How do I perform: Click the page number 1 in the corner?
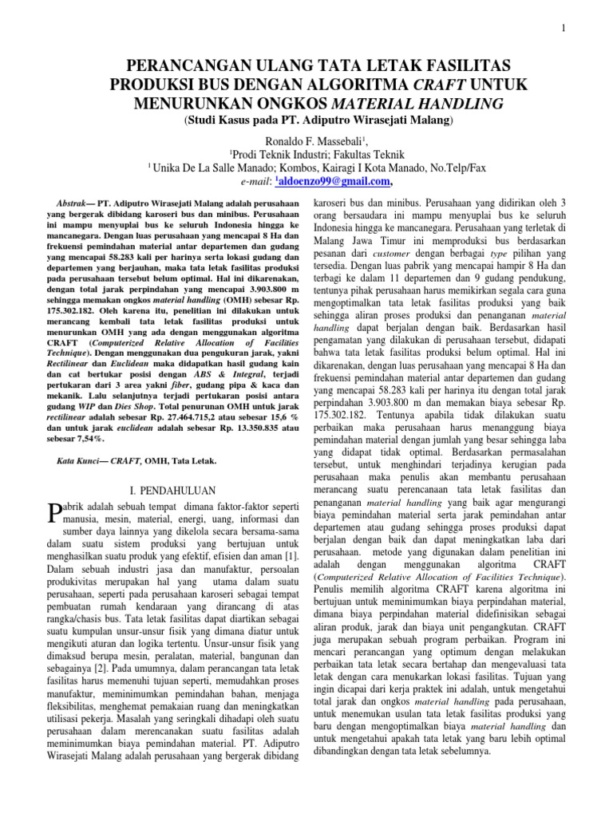pos(564,30)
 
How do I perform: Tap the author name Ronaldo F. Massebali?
pos(306,140)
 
